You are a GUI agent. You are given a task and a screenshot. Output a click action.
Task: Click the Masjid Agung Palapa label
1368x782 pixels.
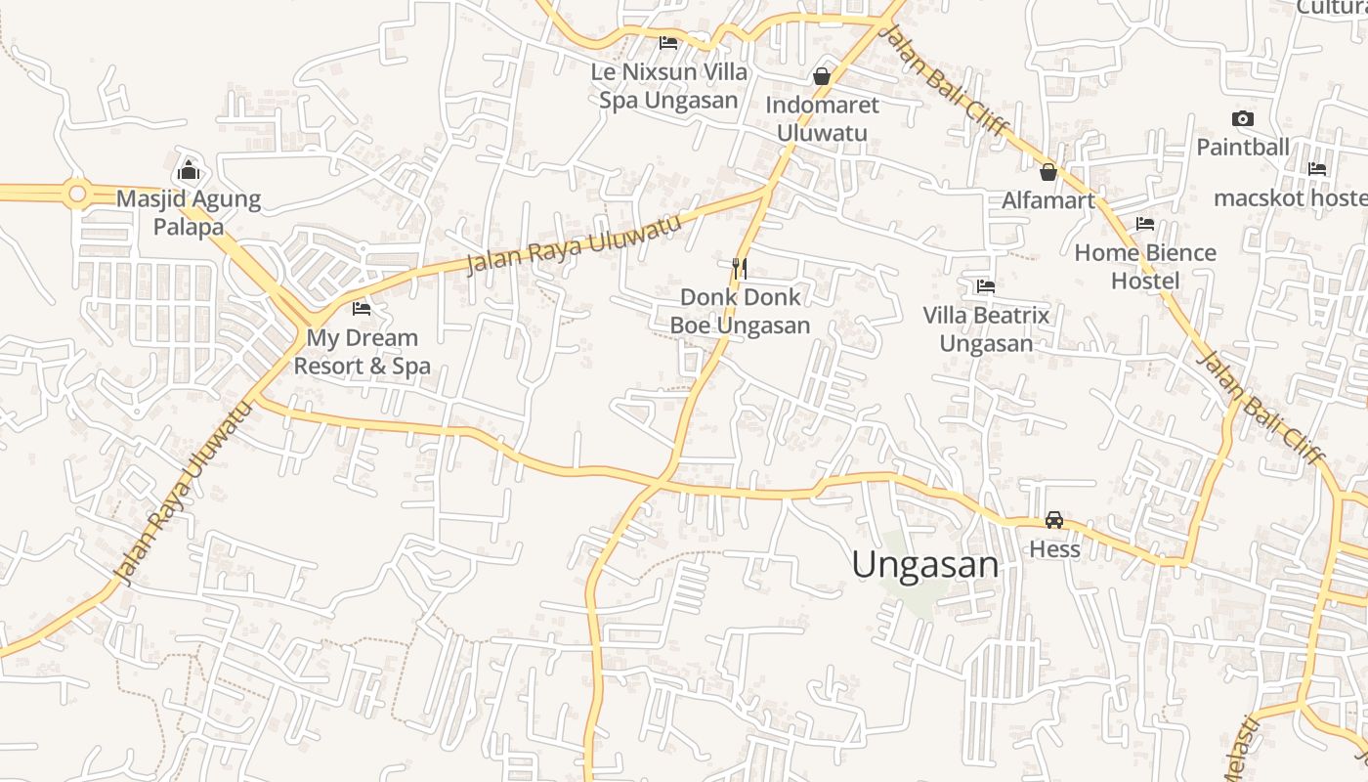(189, 213)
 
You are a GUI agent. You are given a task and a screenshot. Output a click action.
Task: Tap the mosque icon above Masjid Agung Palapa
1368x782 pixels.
(189, 171)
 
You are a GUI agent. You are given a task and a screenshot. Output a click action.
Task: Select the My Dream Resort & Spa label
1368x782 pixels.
(363, 352)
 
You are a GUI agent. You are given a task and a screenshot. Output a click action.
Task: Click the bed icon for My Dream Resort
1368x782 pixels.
(362, 309)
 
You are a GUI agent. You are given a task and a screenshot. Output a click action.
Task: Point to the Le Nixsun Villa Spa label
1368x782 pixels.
(669, 86)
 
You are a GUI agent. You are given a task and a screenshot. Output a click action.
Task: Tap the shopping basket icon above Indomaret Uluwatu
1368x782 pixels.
(822, 76)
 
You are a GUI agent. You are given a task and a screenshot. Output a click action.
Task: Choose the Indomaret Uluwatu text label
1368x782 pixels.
(822, 118)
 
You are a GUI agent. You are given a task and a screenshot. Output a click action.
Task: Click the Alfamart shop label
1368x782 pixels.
(1048, 200)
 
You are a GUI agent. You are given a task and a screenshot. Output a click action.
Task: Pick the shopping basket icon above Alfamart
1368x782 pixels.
(1048, 172)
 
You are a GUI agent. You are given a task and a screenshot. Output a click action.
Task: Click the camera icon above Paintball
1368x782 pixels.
(1243, 119)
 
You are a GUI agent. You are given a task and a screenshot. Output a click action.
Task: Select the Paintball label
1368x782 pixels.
(1243, 148)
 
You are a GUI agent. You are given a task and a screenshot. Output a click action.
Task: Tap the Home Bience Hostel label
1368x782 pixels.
(1145, 267)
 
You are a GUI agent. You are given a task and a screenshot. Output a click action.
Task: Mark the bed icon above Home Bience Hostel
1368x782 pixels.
(1145, 224)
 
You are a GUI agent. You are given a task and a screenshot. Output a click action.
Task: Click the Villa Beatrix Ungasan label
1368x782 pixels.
(986, 329)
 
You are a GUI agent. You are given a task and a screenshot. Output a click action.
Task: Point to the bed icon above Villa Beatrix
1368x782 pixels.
(986, 286)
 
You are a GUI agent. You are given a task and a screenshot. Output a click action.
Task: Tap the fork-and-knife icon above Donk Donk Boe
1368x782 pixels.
(740, 268)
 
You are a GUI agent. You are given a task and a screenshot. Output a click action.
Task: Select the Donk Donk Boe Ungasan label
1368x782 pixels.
(740, 311)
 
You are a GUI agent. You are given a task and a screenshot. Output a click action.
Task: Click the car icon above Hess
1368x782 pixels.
(1054, 520)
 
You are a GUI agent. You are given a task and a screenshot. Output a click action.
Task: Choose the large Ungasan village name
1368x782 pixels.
(925, 565)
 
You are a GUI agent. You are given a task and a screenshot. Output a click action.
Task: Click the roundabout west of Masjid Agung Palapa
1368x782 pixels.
(77, 194)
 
